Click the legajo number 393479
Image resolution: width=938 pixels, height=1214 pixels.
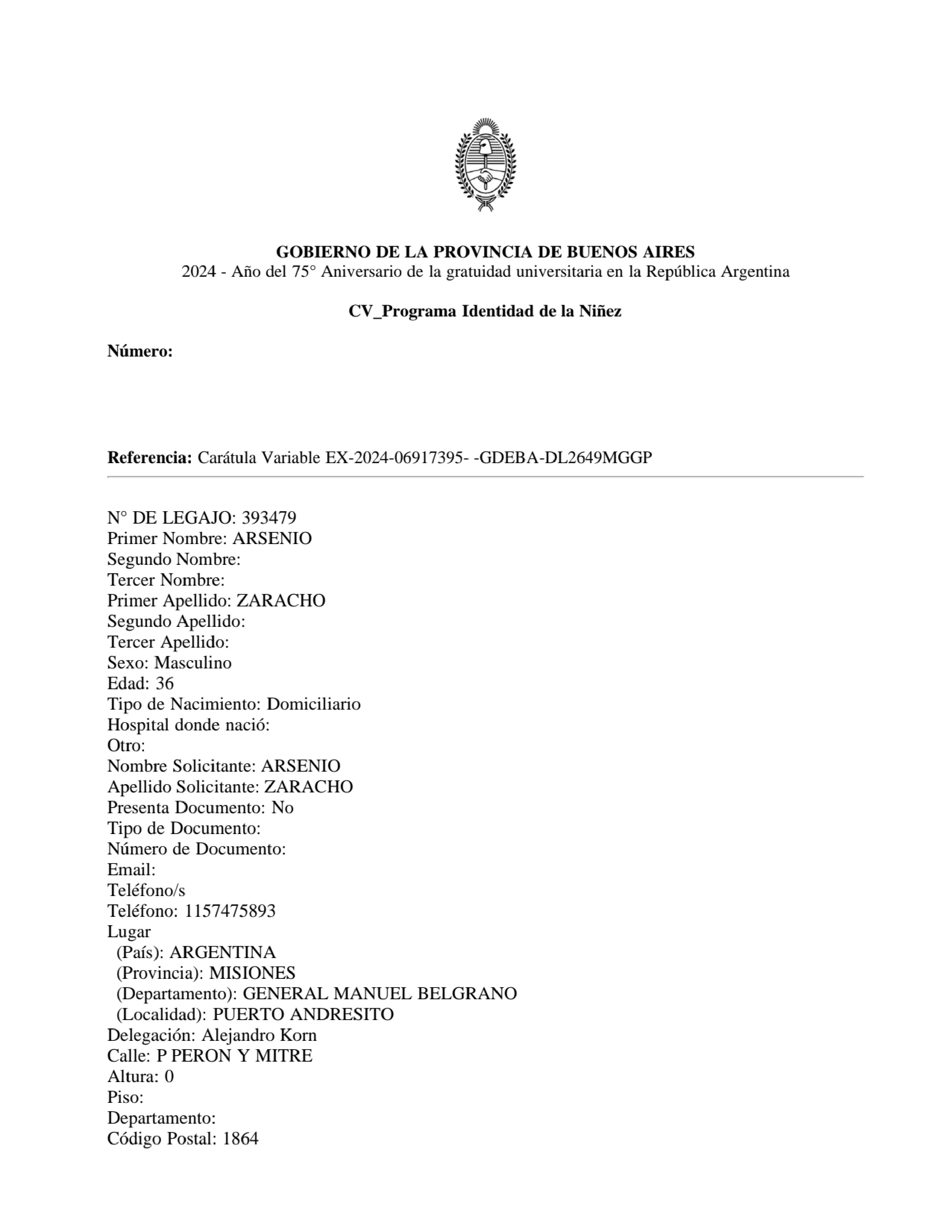[269, 518]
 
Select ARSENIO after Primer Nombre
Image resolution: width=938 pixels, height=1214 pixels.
[272, 539]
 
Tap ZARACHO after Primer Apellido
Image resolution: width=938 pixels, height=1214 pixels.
[281, 601]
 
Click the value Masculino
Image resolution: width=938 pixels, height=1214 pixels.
[193, 663]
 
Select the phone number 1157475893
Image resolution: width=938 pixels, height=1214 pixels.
[230, 911]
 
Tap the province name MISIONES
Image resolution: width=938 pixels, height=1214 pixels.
[252, 973]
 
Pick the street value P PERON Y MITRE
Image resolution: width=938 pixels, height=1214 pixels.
[234, 1056]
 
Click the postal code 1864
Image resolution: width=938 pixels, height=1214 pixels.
[241, 1139]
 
